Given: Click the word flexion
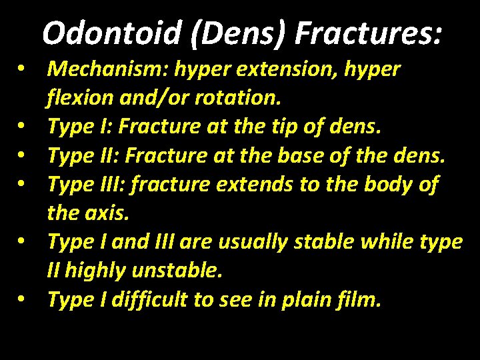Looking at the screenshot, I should click(79, 99).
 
